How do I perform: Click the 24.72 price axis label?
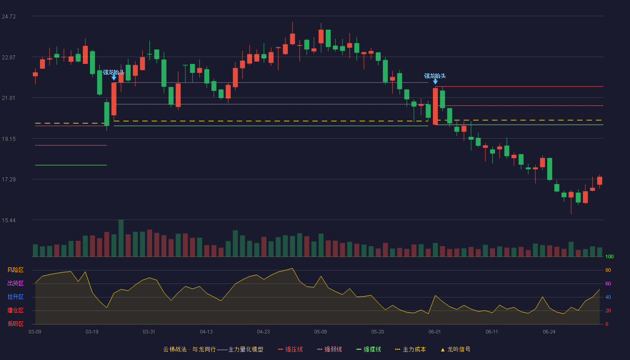[x=9, y=17]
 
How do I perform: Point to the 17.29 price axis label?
[x=9, y=180]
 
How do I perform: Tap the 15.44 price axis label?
[x=9, y=220]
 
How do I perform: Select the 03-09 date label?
[x=35, y=332]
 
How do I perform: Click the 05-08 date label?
[x=320, y=332]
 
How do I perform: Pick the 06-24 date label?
[x=549, y=332]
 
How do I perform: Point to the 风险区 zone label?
[x=15, y=270]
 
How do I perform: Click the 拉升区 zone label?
[x=15, y=297]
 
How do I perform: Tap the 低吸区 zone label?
[x=15, y=324]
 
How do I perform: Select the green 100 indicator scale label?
[x=609, y=256]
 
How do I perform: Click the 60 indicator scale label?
[x=608, y=283]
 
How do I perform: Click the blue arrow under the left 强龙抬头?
[x=114, y=77]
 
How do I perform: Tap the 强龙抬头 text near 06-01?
[x=435, y=76]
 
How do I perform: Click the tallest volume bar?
[x=121, y=238]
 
